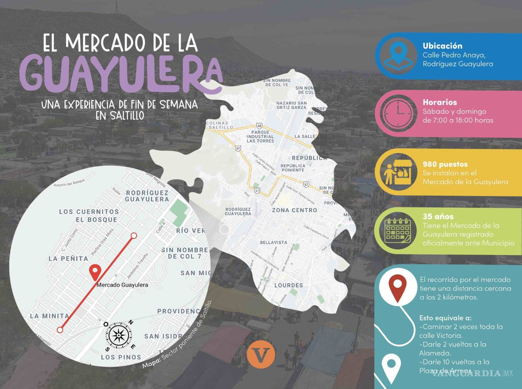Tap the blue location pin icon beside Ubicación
coord(398,55)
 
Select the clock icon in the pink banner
coord(398,113)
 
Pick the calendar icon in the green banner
coord(398,230)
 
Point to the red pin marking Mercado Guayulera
coord(94,272)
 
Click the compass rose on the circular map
coord(118,335)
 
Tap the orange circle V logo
coord(261,354)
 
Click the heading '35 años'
coord(438,216)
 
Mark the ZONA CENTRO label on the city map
coord(294,210)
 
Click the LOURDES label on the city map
coord(288,285)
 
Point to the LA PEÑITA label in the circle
coord(68,258)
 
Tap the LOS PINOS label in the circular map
coord(121,357)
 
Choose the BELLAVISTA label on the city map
coord(273,242)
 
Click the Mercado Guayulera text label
coord(122,285)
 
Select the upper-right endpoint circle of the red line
coord(134,236)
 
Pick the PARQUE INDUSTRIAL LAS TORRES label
coord(260,137)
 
